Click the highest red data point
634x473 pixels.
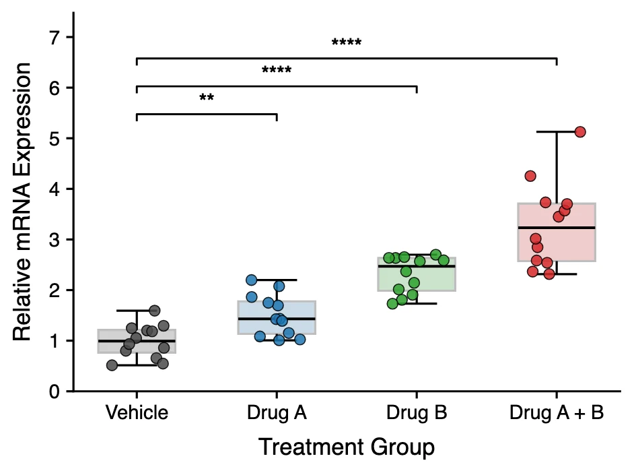pos(580,132)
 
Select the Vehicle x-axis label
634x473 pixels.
pos(137,413)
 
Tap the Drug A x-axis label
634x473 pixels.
pos(277,413)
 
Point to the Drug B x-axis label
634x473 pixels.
pos(417,413)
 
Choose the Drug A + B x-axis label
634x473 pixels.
pos(557,413)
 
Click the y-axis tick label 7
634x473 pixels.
pos(55,38)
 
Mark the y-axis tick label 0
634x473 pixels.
pos(55,391)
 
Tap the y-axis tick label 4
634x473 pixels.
pos(55,189)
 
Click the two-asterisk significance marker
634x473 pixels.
pos(207,98)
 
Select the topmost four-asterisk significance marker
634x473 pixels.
pos(347,42)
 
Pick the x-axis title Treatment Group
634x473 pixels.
pos(347,447)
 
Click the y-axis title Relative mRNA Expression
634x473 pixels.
pos(22,201)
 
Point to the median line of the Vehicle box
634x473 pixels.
pos(137,341)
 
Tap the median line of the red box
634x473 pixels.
pos(557,228)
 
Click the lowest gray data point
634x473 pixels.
pos(112,365)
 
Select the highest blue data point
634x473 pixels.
pos(252,280)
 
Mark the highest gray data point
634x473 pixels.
pos(154,311)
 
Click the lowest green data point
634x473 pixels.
pos(392,303)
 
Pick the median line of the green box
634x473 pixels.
pos(417,266)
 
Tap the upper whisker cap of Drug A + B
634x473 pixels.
pos(557,132)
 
